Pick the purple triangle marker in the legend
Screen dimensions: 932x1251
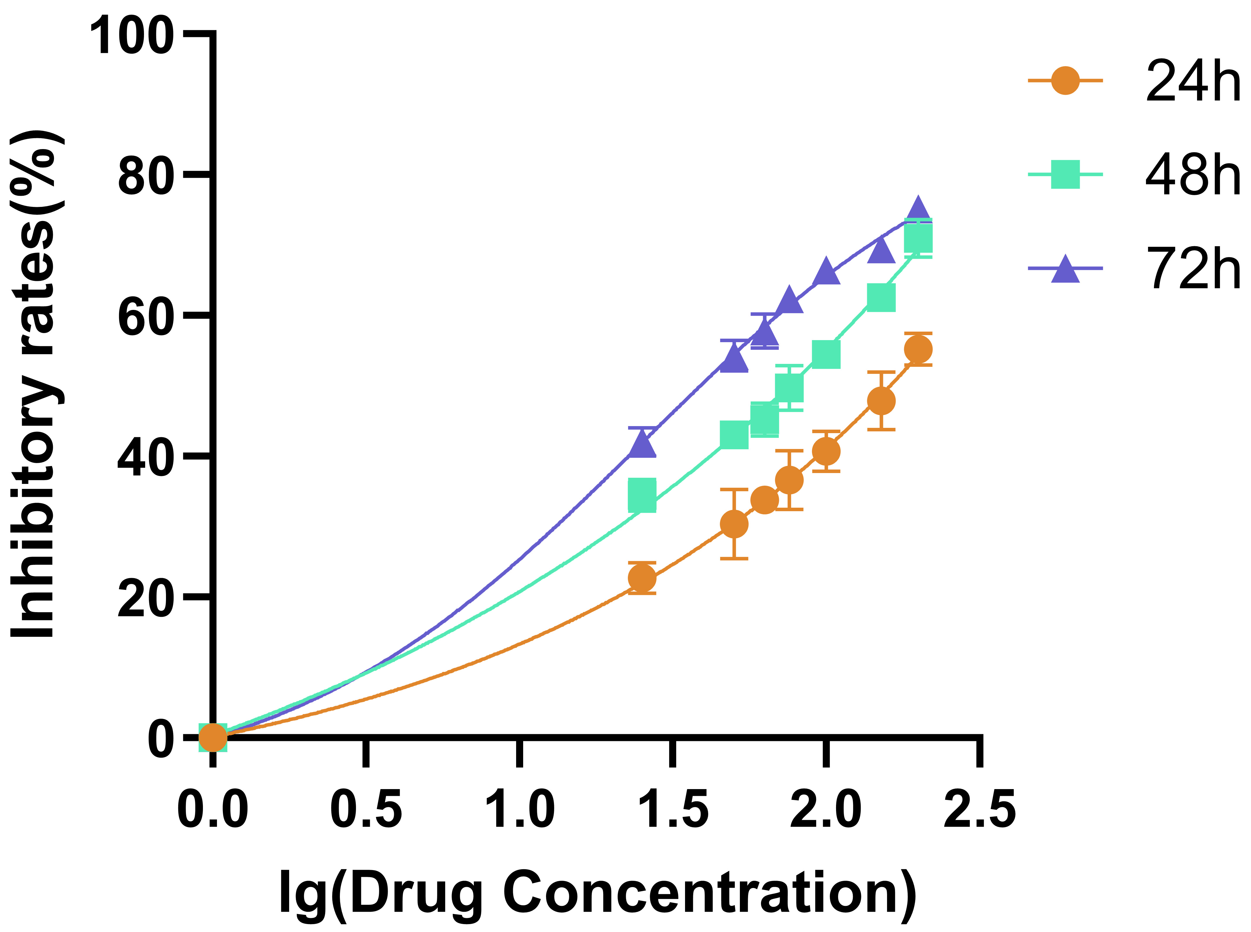tap(1065, 269)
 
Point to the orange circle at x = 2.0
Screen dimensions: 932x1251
tap(826, 451)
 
